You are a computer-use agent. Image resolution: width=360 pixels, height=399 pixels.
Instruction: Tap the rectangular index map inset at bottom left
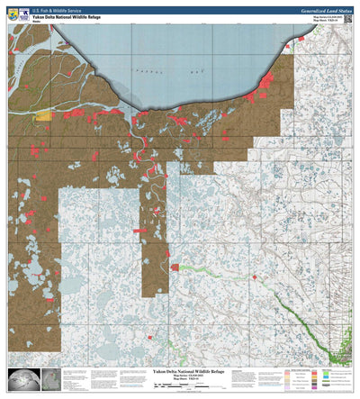(50, 380)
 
